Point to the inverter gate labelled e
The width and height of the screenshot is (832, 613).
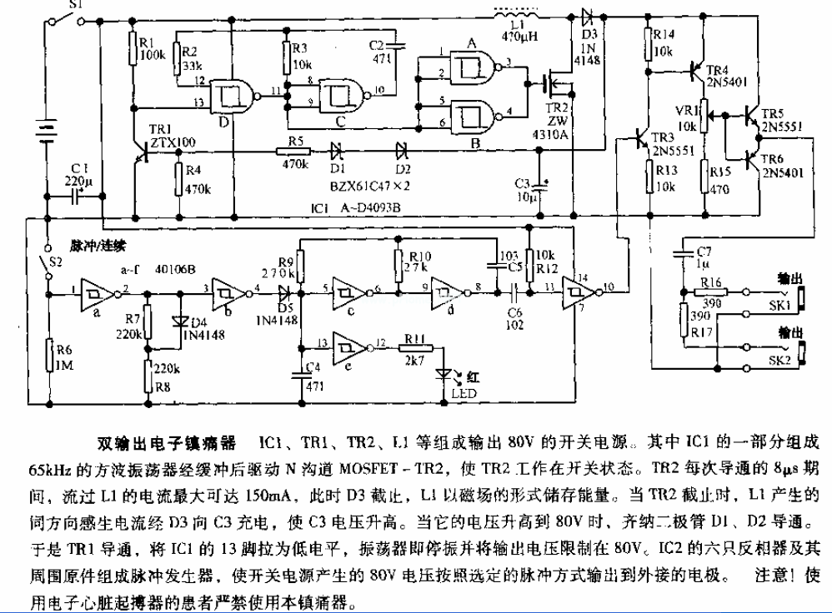coord(351,344)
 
